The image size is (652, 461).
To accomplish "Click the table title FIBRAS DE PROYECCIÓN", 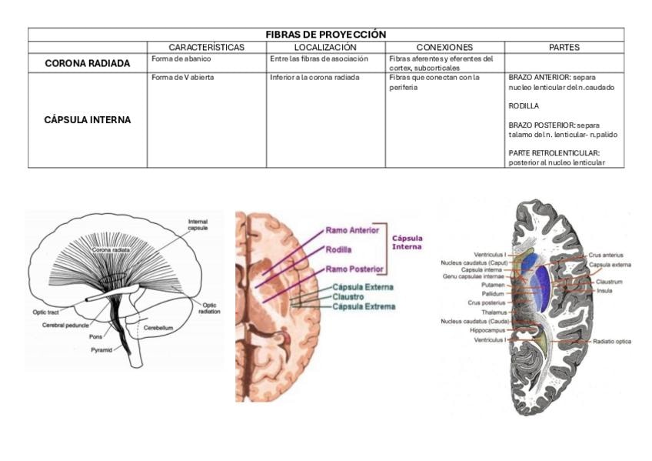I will pos(326,35).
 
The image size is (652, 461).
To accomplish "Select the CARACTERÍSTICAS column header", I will pos(206,47).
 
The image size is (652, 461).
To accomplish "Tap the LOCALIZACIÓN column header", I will pos(325,47).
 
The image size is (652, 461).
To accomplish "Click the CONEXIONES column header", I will pos(444,47).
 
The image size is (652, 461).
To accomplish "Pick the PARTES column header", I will pos(564,47).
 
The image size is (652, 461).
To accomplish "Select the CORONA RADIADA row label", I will pos(88,63).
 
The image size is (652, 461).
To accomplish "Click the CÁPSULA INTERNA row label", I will pos(88,120).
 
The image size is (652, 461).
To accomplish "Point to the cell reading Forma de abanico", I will pos(181,58).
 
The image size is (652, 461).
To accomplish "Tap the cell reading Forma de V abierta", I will pos(183,78).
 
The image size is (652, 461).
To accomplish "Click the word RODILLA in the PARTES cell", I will pos(524,105).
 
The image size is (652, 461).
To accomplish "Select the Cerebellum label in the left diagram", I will pos(158,327).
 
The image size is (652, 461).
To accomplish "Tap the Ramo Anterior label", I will pos(353,230).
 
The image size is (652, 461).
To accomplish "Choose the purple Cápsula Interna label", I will pos(407,242).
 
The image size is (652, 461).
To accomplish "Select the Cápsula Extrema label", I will pos(364,306).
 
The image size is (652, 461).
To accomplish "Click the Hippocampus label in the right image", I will pos(487,330).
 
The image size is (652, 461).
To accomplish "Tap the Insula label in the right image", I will pos(604,291).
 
